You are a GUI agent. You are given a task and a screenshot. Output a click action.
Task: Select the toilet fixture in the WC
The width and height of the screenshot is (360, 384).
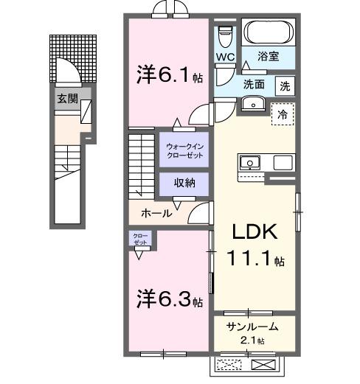(226, 34)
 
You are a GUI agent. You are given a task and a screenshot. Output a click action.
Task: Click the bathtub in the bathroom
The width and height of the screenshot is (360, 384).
(269, 32)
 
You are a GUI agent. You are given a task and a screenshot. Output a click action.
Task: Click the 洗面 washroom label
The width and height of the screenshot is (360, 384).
(255, 85)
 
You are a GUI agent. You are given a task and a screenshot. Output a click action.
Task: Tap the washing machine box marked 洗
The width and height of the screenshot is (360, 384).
(285, 85)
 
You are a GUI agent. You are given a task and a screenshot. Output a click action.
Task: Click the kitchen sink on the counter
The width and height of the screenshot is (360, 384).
(249, 161)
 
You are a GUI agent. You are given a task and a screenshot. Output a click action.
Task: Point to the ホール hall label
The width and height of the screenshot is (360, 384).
(156, 213)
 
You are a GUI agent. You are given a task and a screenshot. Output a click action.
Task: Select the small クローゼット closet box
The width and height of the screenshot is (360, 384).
(139, 239)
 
